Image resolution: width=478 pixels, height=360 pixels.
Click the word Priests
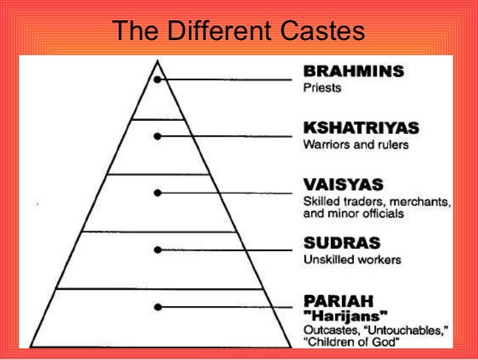(322, 87)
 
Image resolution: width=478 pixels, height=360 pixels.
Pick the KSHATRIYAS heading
(361, 127)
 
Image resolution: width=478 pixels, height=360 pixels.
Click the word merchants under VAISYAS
(417, 200)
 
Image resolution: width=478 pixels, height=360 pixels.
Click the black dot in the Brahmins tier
(157, 80)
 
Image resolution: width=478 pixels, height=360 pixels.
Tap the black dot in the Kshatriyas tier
(157, 136)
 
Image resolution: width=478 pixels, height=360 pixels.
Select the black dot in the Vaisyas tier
(157, 193)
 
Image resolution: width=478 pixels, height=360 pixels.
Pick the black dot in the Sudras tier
(157, 250)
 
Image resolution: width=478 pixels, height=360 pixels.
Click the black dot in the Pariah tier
(157, 306)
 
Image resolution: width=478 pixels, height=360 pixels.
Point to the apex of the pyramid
(157, 60)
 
